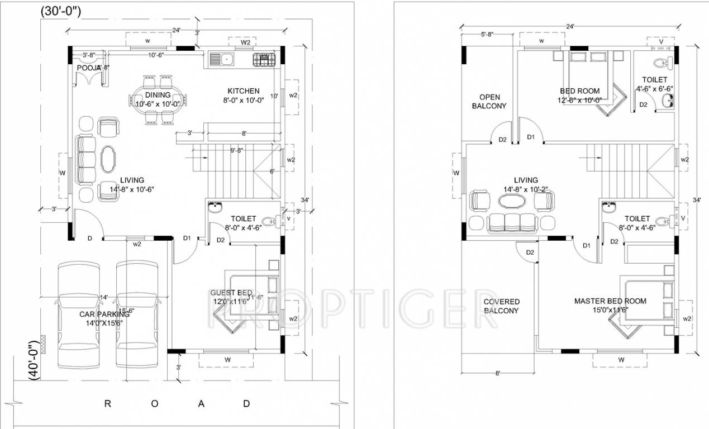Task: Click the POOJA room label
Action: (x=88, y=68)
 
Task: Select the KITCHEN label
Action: (x=243, y=91)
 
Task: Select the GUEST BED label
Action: (x=231, y=293)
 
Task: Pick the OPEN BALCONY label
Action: (x=489, y=101)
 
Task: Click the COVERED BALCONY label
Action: (x=501, y=306)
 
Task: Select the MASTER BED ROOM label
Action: (x=610, y=301)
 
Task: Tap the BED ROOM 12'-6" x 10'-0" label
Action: (x=579, y=91)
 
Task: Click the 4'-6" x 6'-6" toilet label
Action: (x=654, y=89)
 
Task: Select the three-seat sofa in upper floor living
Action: (x=512, y=222)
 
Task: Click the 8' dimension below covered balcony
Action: (x=497, y=373)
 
